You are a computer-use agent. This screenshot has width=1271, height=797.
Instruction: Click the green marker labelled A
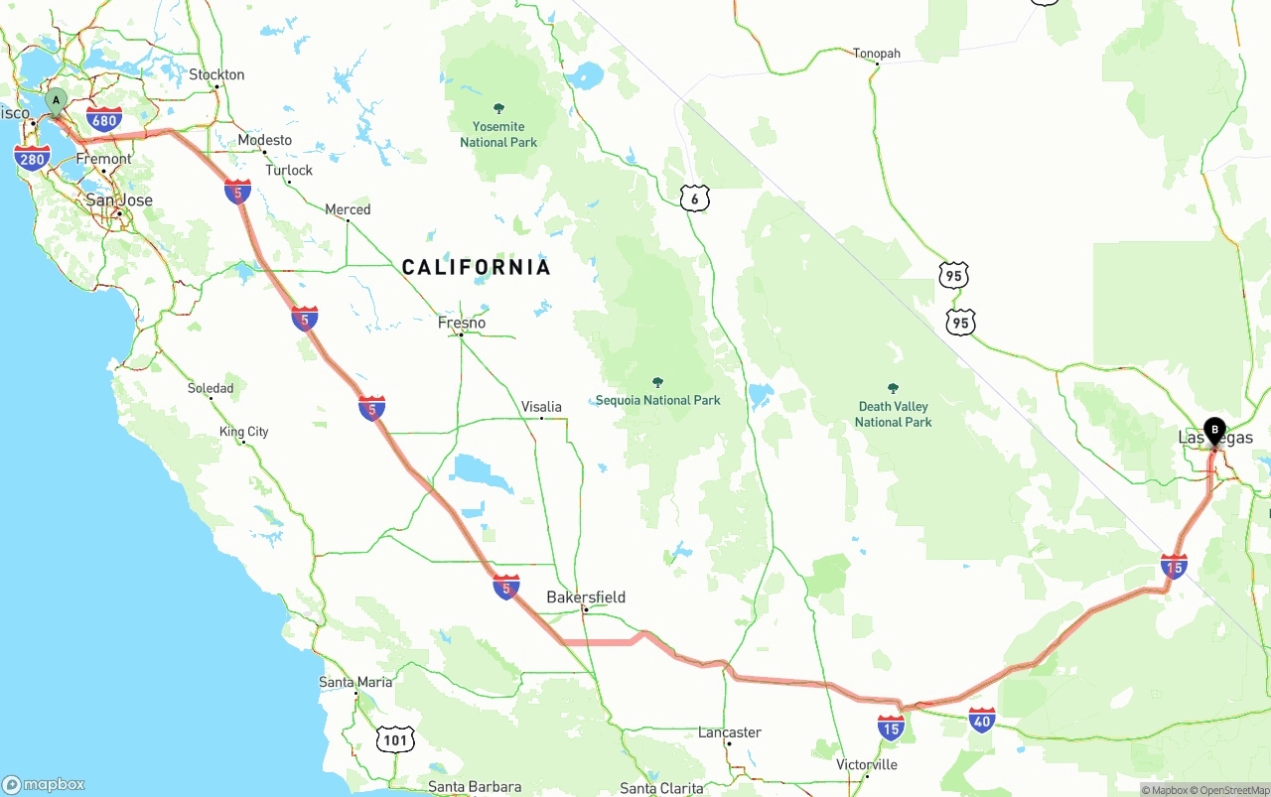[57, 100]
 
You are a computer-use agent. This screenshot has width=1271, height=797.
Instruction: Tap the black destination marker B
[1213, 431]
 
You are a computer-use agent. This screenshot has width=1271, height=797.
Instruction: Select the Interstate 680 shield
[104, 120]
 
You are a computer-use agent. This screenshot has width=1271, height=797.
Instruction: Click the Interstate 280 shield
[33, 157]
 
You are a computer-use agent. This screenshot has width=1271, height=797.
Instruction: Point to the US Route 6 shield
[695, 199]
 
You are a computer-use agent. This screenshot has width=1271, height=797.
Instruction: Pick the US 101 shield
[395, 738]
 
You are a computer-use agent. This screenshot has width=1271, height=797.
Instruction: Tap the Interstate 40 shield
[982, 721]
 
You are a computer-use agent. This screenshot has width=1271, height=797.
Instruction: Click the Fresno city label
[462, 323]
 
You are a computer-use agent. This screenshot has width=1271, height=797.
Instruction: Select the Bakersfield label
[586, 597]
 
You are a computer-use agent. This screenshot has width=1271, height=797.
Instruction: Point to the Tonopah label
[876, 54]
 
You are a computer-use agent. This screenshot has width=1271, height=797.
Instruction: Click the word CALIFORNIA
[476, 267]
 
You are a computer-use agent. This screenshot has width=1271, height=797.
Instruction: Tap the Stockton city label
[216, 74]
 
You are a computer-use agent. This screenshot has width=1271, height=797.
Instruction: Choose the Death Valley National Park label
[893, 414]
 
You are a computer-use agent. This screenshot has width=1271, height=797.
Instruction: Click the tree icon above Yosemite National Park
[498, 108]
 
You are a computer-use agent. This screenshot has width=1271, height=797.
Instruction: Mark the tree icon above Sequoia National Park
[657, 382]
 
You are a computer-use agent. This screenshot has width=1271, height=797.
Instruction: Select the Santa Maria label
[355, 682]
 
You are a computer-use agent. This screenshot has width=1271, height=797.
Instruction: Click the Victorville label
[867, 764]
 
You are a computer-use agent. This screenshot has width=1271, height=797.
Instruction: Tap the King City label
[244, 432]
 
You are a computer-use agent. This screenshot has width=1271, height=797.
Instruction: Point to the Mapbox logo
[44, 784]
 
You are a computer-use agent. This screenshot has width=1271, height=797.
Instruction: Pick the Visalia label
[541, 406]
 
